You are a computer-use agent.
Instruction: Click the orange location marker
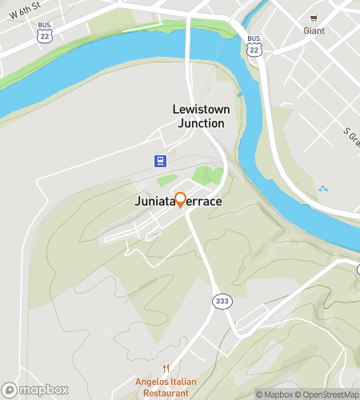[x=180, y=200]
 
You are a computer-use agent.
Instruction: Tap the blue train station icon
[x=160, y=160]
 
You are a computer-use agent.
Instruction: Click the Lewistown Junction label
[x=198, y=116]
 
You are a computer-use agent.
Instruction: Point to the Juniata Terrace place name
[x=178, y=203]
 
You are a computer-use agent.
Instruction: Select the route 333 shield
[x=222, y=301]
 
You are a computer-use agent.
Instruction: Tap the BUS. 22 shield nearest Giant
[x=254, y=46]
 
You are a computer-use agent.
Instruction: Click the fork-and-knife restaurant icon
[x=165, y=369]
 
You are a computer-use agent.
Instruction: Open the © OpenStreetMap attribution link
[x=328, y=394]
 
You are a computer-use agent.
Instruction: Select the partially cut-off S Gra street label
[x=350, y=138]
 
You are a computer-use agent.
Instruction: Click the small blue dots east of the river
[x=322, y=190]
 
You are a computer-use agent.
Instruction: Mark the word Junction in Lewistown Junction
[x=198, y=123]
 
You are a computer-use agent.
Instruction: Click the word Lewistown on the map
[x=198, y=109]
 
